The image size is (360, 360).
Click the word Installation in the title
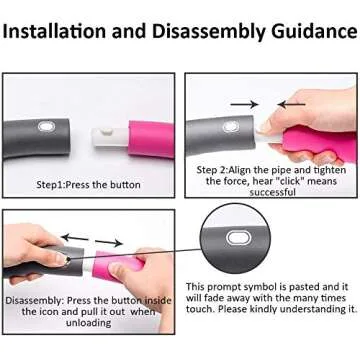55,31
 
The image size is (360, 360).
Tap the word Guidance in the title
314,32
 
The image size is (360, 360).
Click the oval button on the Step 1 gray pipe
46,127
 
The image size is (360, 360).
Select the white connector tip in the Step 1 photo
110,138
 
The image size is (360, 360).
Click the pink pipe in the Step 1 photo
151,139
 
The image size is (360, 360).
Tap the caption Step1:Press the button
88,185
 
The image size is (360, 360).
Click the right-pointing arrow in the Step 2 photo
244,105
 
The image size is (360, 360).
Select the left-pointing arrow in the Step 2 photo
292,105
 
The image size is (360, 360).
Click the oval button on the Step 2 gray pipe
231,127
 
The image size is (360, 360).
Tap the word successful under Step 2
273,192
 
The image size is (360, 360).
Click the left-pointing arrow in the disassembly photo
75,238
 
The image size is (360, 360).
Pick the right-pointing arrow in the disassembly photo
109,242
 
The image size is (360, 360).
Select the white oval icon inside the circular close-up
238,238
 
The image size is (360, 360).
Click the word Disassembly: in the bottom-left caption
34,301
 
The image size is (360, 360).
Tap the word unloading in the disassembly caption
88,323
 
